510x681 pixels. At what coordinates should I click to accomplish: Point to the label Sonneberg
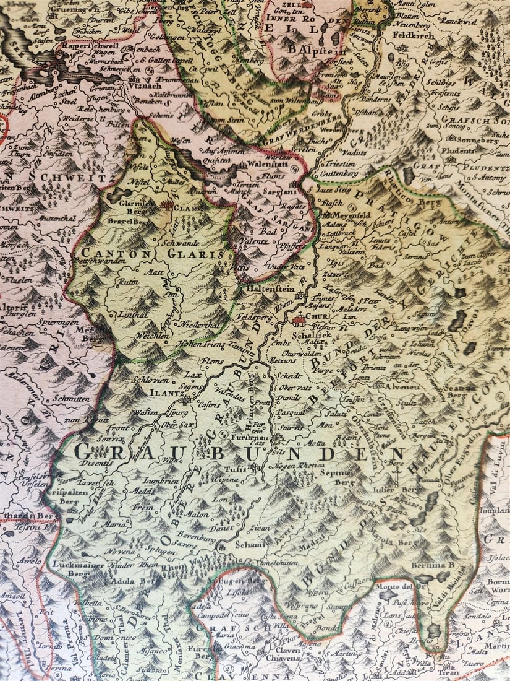tap(477, 141)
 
